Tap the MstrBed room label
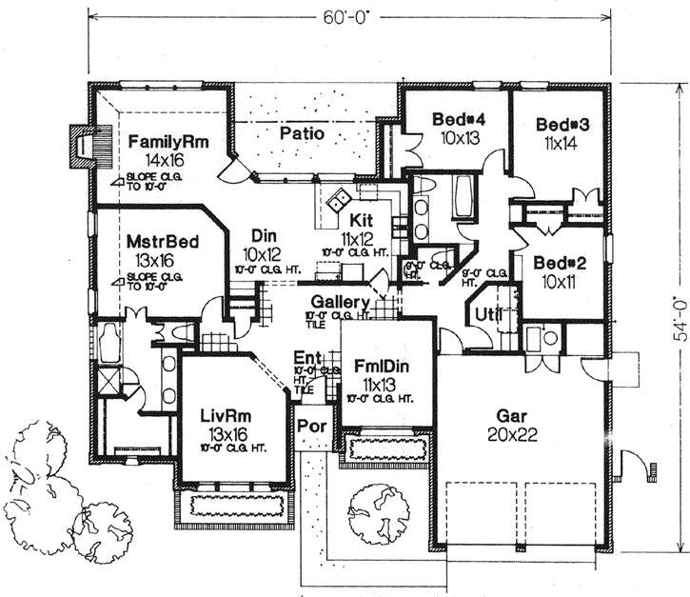pyautogui.click(x=163, y=242)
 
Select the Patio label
pyautogui.click(x=302, y=134)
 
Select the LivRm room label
pyautogui.click(x=226, y=416)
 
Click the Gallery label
pyautogui.click(x=340, y=302)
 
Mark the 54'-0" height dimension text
pyautogui.click(x=679, y=319)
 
